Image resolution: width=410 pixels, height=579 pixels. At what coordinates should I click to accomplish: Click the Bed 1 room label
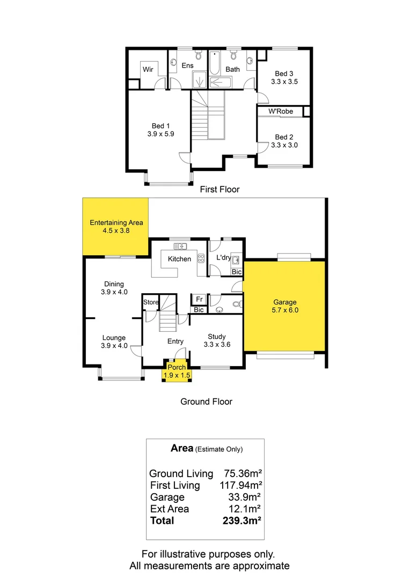pyautogui.click(x=158, y=127)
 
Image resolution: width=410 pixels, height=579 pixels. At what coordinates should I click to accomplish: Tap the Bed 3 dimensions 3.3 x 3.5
pyautogui.click(x=284, y=82)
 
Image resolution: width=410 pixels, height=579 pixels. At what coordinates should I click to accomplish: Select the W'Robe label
pyautogui.click(x=281, y=112)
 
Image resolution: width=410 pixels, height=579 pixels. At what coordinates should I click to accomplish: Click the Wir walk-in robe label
pyautogui.click(x=148, y=70)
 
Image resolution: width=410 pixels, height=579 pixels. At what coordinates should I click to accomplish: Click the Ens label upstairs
pyautogui.click(x=187, y=65)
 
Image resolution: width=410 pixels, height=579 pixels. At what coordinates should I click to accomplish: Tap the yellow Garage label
pyautogui.click(x=284, y=302)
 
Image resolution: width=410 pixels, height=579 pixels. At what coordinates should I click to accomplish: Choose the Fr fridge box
pyautogui.click(x=199, y=299)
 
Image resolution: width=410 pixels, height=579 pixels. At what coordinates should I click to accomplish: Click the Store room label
pyautogui.click(x=151, y=302)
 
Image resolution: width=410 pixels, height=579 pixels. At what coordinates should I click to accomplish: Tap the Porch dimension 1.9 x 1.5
pyautogui.click(x=177, y=375)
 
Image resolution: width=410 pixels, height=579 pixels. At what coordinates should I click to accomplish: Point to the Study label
pyautogui.click(x=217, y=337)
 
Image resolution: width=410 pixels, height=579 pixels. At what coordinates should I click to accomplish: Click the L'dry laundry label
pyautogui.click(x=223, y=258)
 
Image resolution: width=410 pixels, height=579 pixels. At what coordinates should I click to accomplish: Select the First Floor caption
pyautogui.click(x=219, y=189)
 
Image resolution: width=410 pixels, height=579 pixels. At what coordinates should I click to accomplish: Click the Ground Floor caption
pyautogui.click(x=206, y=401)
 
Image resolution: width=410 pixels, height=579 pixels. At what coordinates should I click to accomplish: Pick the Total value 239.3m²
pyautogui.click(x=242, y=521)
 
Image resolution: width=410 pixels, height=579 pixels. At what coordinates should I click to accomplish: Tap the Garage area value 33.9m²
pyautogui.click(x=244, y=497)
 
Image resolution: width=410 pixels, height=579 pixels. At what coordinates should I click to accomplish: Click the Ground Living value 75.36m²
pyautogui.click(x=242, y=473)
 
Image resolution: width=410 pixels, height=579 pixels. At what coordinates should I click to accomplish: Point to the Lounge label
pyautogui.click(x=114, y=338)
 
